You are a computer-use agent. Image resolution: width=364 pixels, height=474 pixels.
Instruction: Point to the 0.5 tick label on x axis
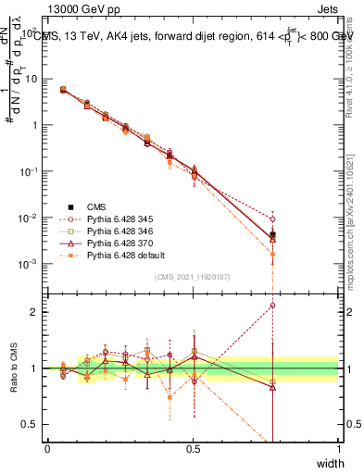193,449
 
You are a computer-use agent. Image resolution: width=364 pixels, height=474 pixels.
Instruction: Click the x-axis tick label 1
338,449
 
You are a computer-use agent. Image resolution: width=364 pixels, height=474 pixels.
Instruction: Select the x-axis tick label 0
47,449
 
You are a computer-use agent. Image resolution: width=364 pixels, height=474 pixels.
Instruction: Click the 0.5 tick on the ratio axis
33,424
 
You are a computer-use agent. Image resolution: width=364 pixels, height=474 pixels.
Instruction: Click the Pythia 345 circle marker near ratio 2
272,305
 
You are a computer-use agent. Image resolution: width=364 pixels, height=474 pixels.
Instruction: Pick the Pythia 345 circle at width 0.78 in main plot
272,219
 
